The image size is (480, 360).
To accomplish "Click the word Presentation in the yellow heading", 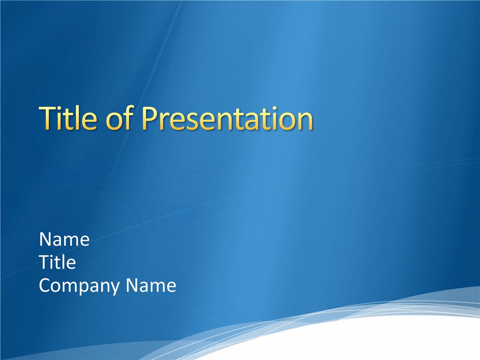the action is (227, 119).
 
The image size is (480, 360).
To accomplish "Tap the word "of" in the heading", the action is (120, 118).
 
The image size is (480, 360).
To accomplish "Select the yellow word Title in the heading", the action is (68, 118).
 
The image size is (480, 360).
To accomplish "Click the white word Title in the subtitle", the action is (57, 262).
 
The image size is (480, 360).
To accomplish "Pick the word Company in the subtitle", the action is (79, 286).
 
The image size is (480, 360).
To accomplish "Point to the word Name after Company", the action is (151, 285).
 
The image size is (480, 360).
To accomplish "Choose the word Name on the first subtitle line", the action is (64, 239).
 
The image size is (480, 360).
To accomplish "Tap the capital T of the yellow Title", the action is (48, 118).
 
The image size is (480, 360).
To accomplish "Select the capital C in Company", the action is (45, 285).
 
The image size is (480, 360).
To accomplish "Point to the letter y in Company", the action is (113, 288).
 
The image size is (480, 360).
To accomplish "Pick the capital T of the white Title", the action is (45, 262).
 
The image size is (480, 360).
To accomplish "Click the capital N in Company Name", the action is (133, 285).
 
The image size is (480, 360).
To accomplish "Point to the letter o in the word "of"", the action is (113, 121).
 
